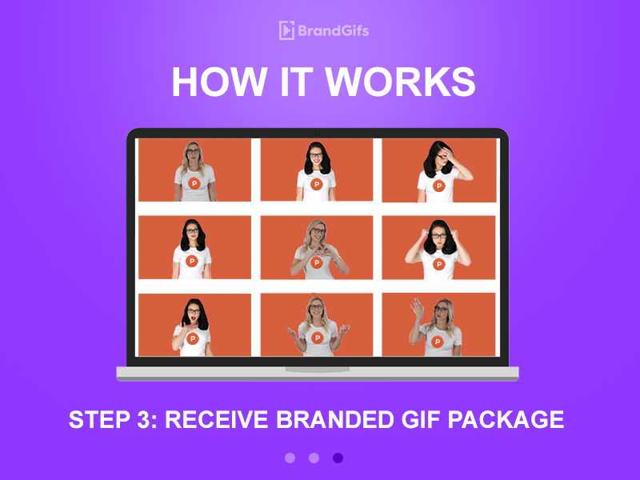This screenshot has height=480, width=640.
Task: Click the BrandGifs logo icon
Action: (286, 30)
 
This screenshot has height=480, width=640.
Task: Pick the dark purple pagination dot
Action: (338, 458)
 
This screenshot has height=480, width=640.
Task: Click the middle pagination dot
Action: (314, 458)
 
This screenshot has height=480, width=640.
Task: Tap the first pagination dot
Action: (290, 458)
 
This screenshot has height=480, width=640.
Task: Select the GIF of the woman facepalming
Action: (438, 170)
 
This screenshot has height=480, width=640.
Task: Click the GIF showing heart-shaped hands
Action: (317, 247)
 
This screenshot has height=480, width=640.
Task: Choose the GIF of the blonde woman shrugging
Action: (317, 325)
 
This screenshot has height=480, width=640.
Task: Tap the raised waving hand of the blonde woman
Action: (416, 306)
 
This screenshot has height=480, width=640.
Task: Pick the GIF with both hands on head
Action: (438, 247)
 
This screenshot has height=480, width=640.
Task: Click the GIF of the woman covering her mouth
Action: (194, 325)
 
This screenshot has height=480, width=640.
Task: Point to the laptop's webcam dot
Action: (318, 132)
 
